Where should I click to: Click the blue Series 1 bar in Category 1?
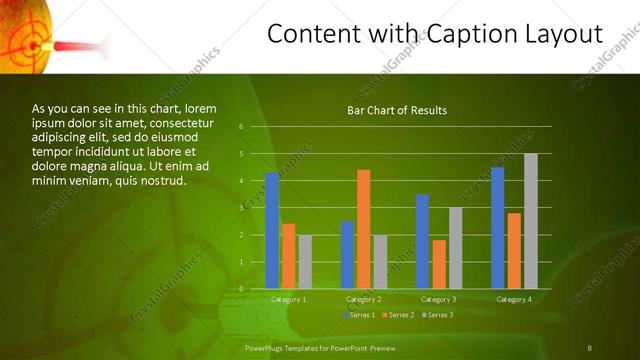272,231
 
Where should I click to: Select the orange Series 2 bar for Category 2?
363,229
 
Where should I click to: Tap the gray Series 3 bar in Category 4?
531,221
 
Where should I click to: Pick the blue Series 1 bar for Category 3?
422,241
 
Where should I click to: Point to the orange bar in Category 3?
439,264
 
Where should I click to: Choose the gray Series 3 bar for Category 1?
305,262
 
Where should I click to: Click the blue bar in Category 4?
498,228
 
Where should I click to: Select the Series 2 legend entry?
398,315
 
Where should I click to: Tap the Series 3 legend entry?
437,315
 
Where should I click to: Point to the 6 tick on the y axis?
241,127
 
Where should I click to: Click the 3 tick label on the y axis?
241,208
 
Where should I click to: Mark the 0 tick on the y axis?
241,289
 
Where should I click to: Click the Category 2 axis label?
364,299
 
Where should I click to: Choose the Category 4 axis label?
514,299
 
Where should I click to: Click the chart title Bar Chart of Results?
397,110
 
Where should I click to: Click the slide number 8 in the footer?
590,347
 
